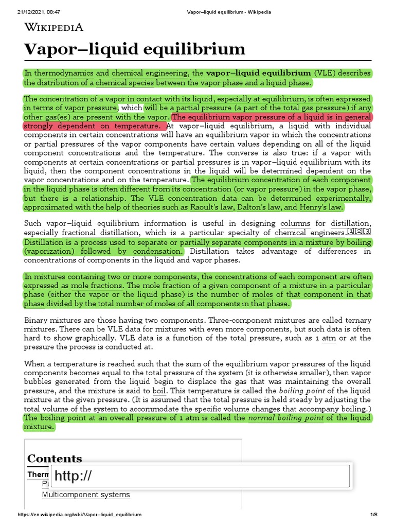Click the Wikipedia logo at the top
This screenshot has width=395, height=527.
[x=53, y=27]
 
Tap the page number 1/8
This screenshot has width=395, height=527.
[x=374, y=515]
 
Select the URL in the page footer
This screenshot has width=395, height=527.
[x=80, y=515]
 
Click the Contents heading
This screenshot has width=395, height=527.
[x=55, y=458]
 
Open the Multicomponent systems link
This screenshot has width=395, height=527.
[x=85, y=495]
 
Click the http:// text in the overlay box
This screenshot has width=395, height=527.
[x=74, y=476]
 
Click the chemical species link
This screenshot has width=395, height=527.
[x=124, y=83]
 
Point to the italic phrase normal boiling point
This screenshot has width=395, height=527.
[x=286, y=418]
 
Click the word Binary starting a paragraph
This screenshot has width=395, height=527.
[x=37, y=320]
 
